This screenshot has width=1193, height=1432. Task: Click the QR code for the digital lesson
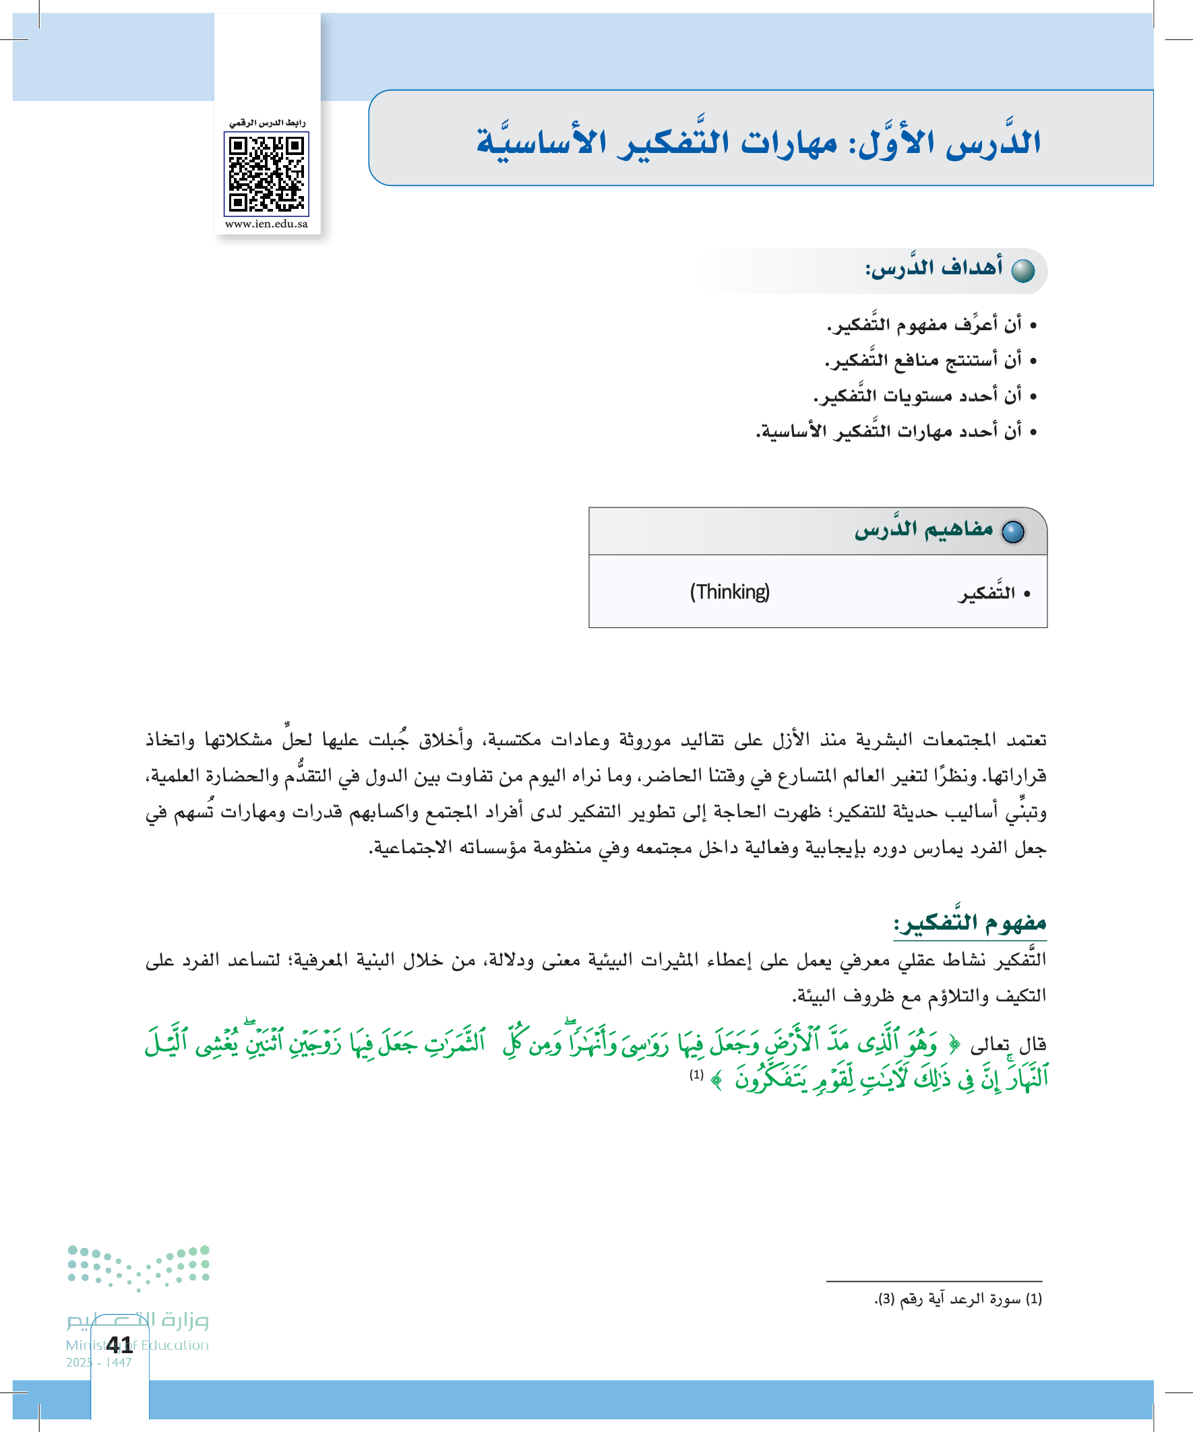coord(266,173)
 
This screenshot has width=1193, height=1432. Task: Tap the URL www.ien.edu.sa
coord(266,224)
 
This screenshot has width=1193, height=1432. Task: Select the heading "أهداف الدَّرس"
coord(934,268)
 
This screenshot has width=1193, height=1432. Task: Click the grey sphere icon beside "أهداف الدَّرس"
coord(1022,271)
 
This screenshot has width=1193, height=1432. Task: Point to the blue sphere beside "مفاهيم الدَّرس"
coord(1013,532)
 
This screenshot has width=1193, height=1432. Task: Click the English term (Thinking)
coord(729,592)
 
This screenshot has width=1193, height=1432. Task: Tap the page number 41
coord(119,1344)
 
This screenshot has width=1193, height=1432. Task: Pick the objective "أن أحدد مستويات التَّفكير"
coord(917,396)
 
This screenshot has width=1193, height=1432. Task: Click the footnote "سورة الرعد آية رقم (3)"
coord(958,1299)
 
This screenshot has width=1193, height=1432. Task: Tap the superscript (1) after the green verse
coord(696,1075)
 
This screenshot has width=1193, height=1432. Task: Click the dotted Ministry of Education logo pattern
coord(138,1268)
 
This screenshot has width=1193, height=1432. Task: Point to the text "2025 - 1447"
coord(99,1363)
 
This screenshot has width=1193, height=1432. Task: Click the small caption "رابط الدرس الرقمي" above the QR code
coord(267,123)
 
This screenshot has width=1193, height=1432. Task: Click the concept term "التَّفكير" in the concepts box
coord(986,593)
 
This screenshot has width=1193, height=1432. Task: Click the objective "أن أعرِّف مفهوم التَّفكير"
coord(924,324)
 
